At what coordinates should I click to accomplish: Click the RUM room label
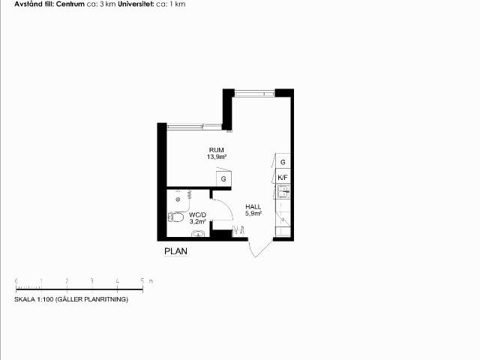click(217, 150)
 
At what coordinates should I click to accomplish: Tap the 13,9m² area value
click(217, 157)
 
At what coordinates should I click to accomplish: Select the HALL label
click(253, 207)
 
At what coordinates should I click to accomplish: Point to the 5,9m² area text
click(253, 214)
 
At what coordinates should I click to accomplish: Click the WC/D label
click(197, 215)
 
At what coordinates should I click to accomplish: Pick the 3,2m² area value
click(197, 222)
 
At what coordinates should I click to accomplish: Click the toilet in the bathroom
click(175, 217)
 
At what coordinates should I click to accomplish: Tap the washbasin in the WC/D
click(198, 234)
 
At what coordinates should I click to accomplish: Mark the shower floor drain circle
click(178, 199)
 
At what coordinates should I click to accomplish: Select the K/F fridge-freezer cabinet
click(283, 177)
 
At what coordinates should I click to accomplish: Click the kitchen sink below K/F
click(283, 192)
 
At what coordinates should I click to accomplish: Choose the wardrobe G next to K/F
click(283, 162)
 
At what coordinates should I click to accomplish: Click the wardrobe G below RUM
click(223, 178)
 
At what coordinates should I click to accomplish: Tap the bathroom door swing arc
click(227, 205)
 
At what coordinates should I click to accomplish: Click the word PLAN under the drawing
click(175, 251)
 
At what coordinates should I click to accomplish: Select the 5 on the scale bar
click(142, 280)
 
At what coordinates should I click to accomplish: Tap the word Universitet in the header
click(136, 4)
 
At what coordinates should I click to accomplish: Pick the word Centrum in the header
click(70, 4)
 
